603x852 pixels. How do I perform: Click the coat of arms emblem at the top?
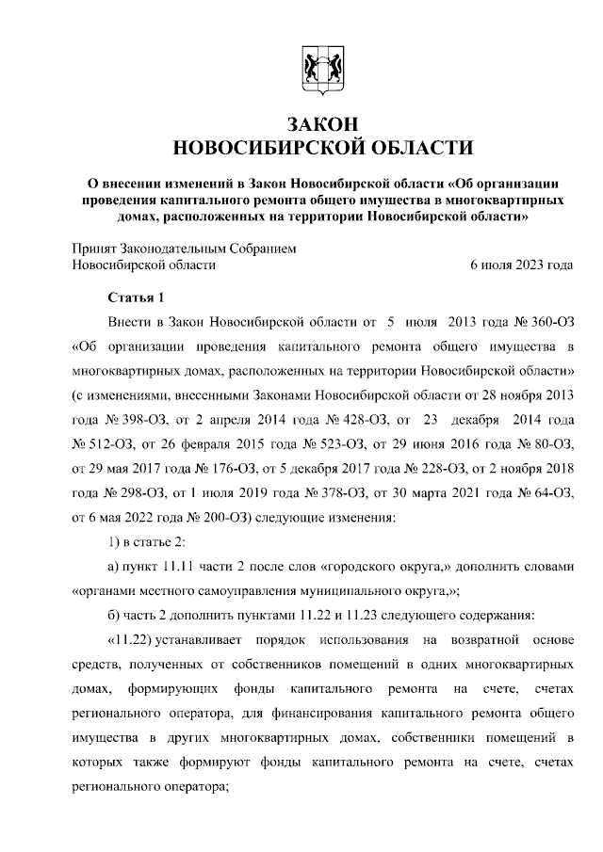(319, 69)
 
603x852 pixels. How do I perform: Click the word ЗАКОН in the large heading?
(320, 124)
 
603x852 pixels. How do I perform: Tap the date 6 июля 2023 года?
(521, 265)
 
